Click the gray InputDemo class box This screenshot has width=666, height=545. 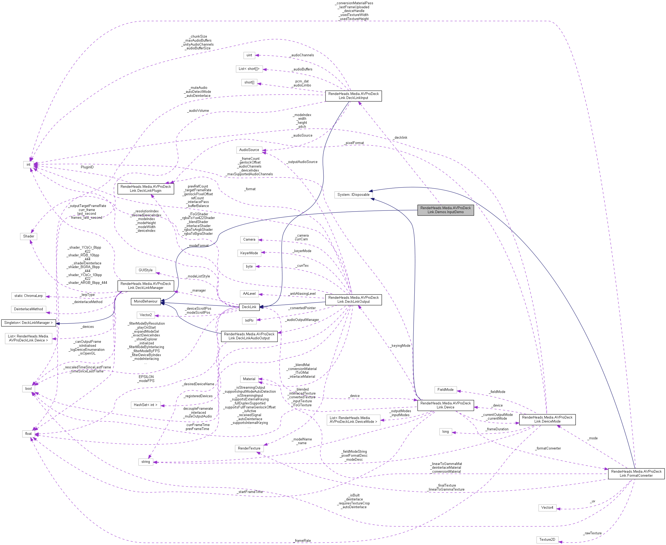point(445,210)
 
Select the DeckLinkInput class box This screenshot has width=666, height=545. point(353,96)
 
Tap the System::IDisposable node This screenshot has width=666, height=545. point(353,195)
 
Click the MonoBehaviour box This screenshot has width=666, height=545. point(145,301)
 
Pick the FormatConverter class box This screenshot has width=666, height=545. point(636,474)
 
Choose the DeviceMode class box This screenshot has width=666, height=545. point(547,419)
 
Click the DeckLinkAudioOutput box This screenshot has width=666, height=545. point(249,336)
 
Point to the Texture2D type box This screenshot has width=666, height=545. point(547,540)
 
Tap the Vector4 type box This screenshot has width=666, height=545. point(547,508)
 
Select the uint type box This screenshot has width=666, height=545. point(249,55)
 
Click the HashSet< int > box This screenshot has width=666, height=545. point(145,405)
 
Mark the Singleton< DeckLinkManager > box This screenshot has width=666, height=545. point(28,323)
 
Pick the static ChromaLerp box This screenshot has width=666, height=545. point(28,296)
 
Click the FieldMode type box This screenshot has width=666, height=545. point(445,389)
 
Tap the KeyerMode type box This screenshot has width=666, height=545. point(249,253)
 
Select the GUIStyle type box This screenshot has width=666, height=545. point(145,270)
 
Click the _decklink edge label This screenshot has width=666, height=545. point(401,137)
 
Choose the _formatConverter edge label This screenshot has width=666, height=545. point(548,448)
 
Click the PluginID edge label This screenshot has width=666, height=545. point(87,167)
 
